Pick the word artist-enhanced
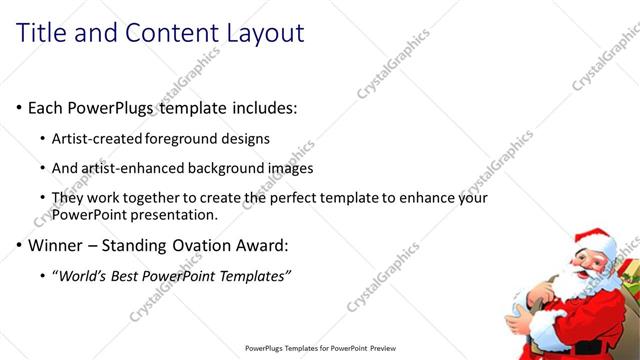(139, 168)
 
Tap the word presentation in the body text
(177, 214)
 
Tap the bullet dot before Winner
(19, 245)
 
